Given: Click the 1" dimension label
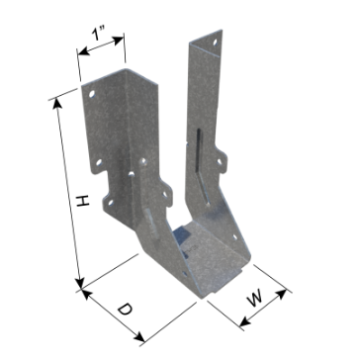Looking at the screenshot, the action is pos(97,34).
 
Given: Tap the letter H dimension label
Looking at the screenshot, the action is pos(83,201).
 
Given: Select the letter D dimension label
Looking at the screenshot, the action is pos(125,310).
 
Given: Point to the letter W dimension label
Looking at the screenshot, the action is pos(255,298).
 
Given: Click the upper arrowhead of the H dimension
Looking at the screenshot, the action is pos(57,103).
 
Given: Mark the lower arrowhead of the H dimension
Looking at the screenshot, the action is pos(79,283).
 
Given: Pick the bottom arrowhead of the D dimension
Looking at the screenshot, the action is pos(140,337).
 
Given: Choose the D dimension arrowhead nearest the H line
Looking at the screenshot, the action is pos(85,294).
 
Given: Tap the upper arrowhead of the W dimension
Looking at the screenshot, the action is pos(281,294).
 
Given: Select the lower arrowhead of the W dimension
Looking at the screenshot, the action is pos(244,321).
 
